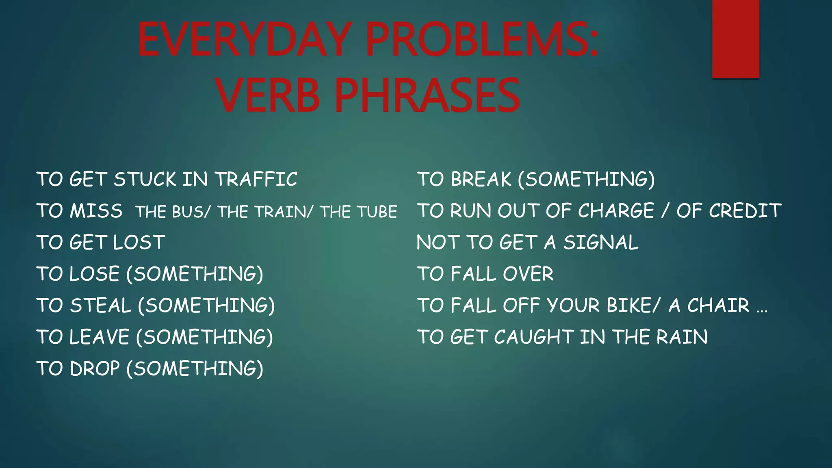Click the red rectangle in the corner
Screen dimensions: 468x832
735,39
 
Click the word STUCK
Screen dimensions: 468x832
145,180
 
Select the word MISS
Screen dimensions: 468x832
96,211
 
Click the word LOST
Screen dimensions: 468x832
139,243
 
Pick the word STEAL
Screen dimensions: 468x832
100,305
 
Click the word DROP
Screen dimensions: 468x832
95,369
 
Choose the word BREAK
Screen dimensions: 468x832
481,180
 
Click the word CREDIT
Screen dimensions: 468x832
745,211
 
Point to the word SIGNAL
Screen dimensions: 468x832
600,243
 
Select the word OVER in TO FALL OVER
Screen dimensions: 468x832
528,274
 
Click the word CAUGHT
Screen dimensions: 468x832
534,337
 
